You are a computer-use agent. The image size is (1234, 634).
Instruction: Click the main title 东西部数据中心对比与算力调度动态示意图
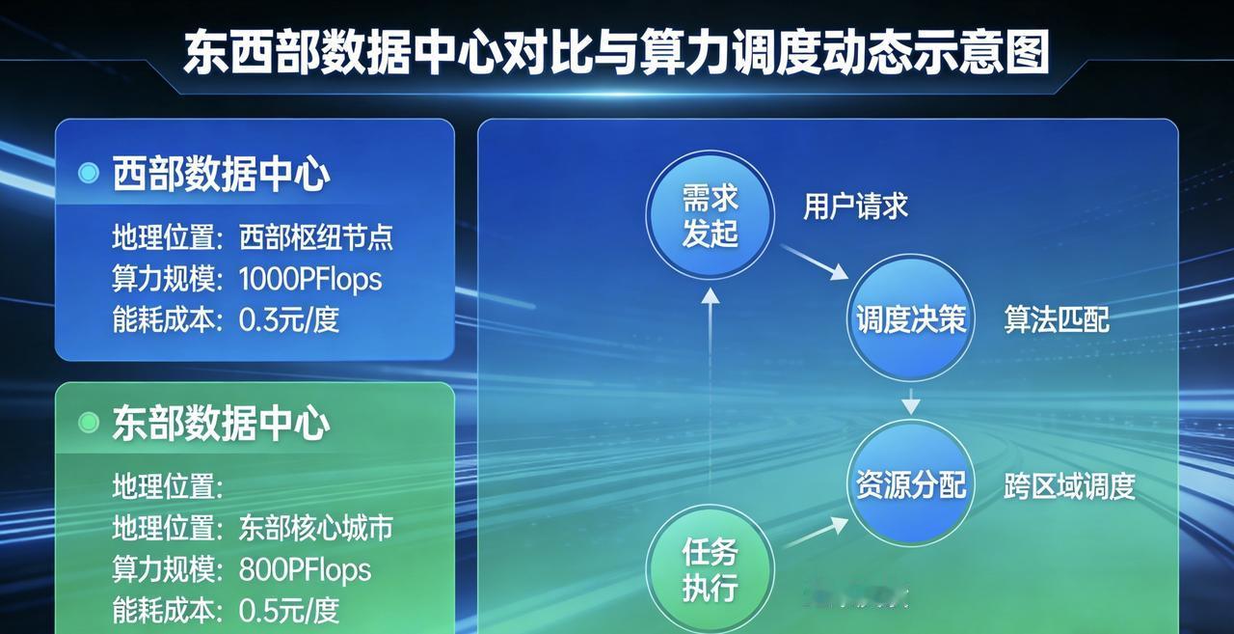click(x=616, y=52)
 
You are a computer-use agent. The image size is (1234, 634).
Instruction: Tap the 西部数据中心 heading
click(x=222, y=173)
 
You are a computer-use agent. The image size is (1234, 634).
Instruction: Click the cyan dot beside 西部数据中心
click(x=88, y=173)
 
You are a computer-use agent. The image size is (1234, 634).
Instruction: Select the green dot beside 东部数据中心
click(x=88, y=423)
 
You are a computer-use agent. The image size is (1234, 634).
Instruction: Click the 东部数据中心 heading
click(x=222, y=423)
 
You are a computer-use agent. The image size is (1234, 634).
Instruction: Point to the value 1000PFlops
click(x=310, y=280)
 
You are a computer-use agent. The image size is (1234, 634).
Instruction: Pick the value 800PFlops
click(x=305, y=570)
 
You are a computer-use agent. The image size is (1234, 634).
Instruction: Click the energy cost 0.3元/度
click(x=288, y=319)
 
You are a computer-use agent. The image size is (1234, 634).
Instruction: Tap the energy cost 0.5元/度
click(x=288, y=610)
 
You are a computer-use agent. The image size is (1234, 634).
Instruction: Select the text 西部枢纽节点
click(x=315, y=237)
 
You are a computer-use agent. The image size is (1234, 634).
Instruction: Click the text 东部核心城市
click(x=315, y=528)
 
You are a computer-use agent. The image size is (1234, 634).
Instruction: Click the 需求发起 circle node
click(x=711, y=214)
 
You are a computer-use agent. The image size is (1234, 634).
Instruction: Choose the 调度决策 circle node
click(x=911, y=317)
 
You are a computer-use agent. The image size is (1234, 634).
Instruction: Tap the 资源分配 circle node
click(x=911, y=483)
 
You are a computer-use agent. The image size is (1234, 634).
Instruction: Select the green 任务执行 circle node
click(x=711, y=569)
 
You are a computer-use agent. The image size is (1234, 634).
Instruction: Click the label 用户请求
click(x=855, y=207)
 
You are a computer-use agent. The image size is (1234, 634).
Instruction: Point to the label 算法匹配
click(x=1056, y=319)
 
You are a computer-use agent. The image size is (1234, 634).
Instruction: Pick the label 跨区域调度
click(x=1069, y=486)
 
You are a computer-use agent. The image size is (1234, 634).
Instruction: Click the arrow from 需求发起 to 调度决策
click(x=815, y=262)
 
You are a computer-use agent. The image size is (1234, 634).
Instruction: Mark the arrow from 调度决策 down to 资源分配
click(x=911, y=401)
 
